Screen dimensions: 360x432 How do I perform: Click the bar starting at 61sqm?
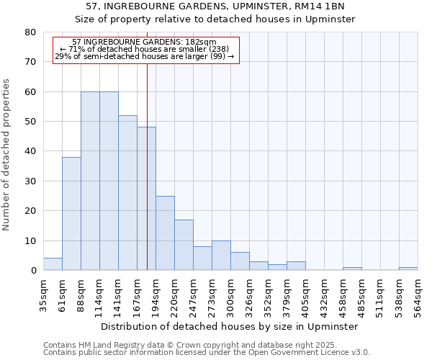click(x=71, y=214)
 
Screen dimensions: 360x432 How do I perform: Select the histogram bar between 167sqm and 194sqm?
click(x=146, y=199)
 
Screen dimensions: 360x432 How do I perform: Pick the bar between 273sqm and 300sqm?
click(x=221, y=256)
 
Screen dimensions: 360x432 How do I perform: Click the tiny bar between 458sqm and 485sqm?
click(x=352, y=269)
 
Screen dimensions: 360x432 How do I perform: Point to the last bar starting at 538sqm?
click(x=408, y=269)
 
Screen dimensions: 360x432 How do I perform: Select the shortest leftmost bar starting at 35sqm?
click(x=53, y=264)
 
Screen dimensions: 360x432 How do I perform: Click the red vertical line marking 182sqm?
click(x=147, y=166)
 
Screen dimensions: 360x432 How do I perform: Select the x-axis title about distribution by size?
click(x=230, y=326)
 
